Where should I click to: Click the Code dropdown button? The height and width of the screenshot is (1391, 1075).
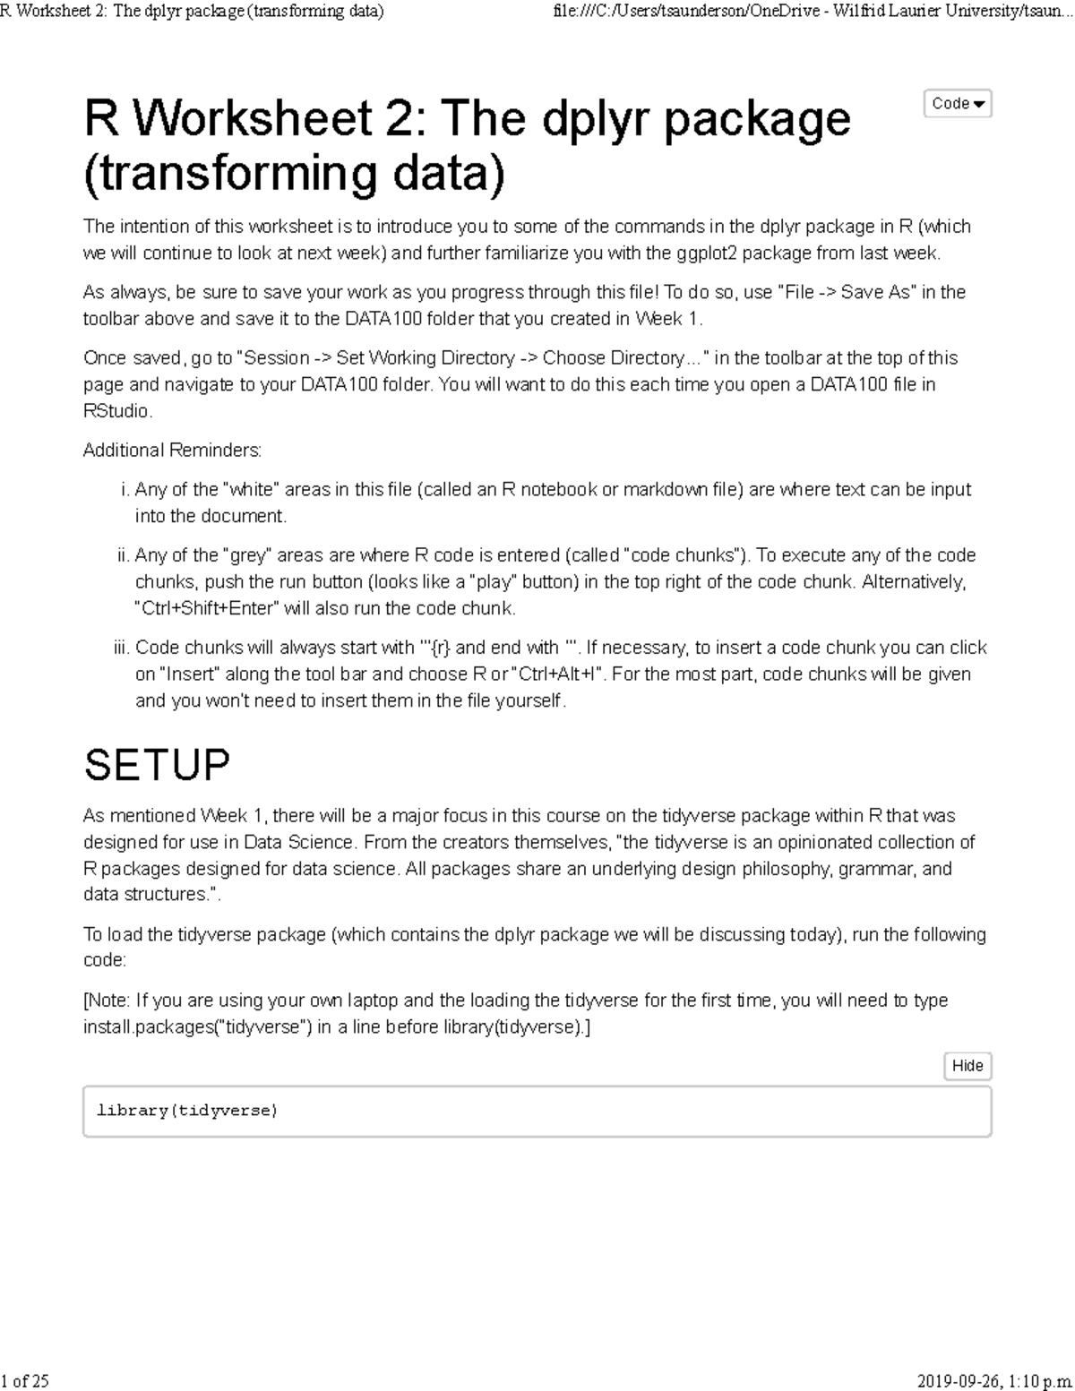(x=957, y=104)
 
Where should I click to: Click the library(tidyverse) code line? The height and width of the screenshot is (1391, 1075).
(x=187, y=1111)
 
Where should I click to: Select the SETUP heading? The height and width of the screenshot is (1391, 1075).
(x=157, y=765)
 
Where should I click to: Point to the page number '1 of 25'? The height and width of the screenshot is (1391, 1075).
(x=25, y=1380)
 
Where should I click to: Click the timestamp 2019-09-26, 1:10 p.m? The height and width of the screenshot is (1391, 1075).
(x=994, y=1380)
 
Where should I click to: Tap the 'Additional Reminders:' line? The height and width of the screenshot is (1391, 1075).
(x=172, y=450)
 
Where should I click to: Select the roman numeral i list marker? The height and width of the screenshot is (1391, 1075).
(x=125, y=490)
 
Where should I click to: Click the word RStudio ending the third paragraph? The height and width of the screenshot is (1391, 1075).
(x=116, y=411)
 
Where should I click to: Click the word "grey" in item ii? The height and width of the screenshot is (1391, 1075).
(x=252, y=555)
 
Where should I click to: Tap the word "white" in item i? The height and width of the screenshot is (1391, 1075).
(x=256, y=490)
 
